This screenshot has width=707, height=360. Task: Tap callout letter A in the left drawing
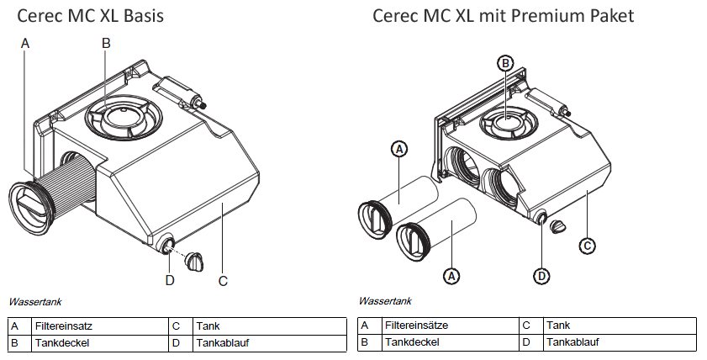coord(26,42)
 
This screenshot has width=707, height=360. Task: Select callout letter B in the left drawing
coord(106,42)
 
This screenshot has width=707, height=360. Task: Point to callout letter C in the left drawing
coord(224,281)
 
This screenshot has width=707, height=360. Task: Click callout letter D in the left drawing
coord(169,280)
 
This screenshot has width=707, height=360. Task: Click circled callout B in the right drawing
coord(506,63)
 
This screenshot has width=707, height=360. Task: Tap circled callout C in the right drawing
coord(588,246)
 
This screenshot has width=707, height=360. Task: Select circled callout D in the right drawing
coord(542,275)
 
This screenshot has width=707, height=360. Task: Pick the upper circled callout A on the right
coord(400,149)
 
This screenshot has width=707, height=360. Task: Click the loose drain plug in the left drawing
coord(195,261)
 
